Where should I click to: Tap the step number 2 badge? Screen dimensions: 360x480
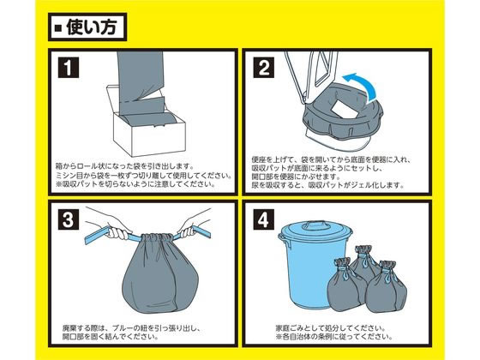tap(264, 66)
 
